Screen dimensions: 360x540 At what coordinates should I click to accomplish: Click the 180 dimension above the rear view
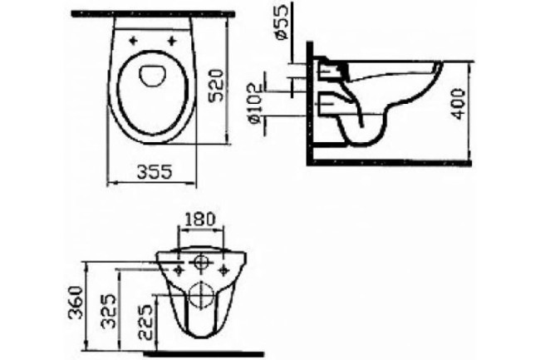pos(200,220)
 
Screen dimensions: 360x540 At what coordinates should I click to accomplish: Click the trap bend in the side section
pos(366,133)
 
